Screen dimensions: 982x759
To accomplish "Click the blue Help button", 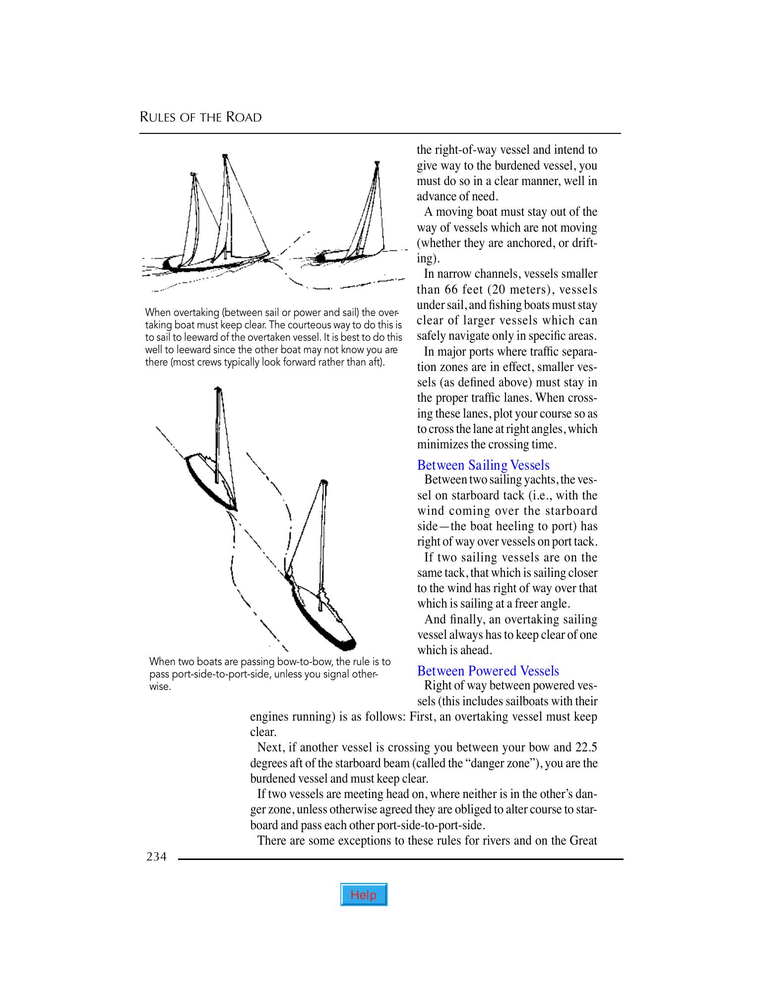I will pyautogui.click(x=364, y=894).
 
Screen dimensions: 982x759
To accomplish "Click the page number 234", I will pyautogui.click(x=156, y=857).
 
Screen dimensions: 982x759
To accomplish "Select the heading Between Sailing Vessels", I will pyautogui.click(x=483, y=465).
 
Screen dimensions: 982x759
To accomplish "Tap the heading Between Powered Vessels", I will pyautogui.click(x=488, y=671).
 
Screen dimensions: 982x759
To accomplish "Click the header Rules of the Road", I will pyautogui.click(x=200, y=118).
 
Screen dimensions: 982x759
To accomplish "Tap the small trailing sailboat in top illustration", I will pyautogui.click(x=347, y=253).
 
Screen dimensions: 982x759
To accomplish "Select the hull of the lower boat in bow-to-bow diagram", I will pyautogui.click(x=322, y=620).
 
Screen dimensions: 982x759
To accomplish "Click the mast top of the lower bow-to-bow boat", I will pyautogui.click(x=324, y=482).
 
